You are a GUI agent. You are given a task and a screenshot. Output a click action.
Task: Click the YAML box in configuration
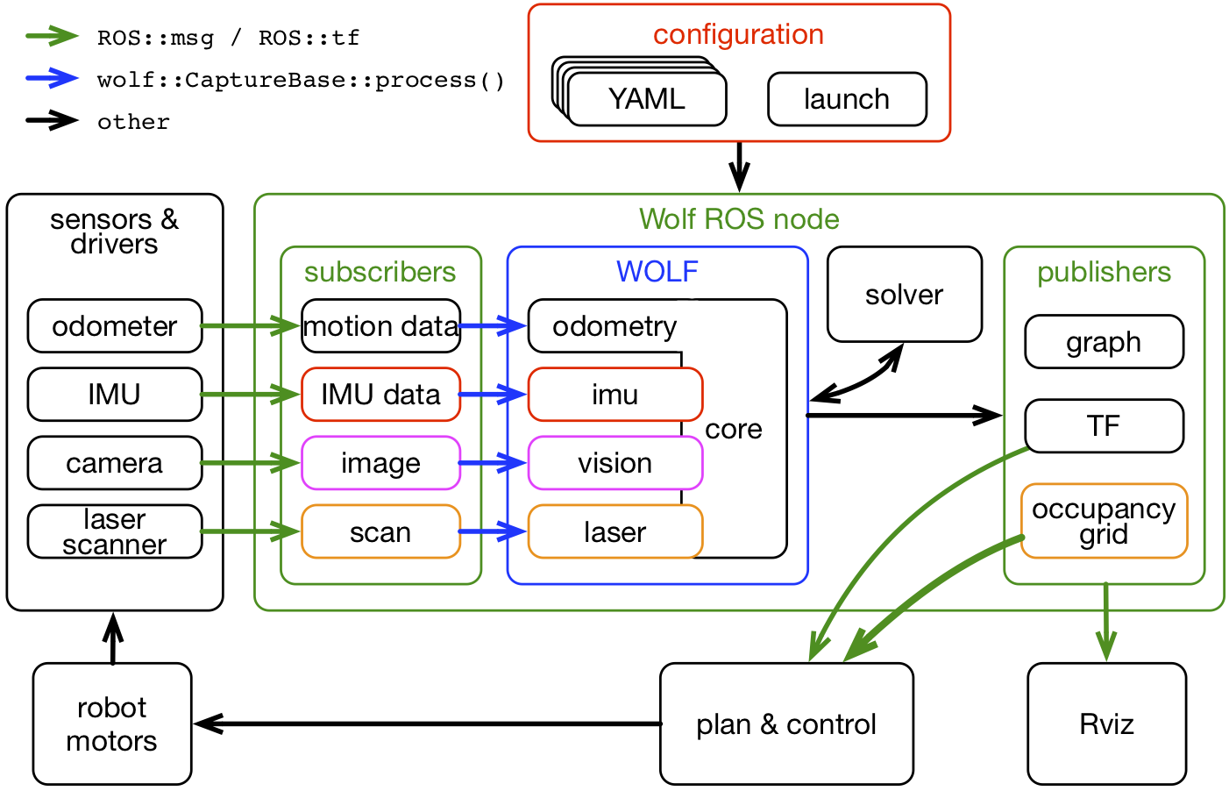coord(647,99)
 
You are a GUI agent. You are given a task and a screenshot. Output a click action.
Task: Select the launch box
coord(847,99)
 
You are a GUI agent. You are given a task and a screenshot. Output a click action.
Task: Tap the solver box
coord(904,295)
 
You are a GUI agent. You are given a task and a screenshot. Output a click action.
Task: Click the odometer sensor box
coord(115,326)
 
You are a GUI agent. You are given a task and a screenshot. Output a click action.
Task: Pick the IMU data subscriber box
coord(380,395)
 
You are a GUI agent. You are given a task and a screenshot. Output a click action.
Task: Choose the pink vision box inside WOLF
coord(614,463)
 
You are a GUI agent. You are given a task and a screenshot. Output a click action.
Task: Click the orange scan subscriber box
coord(380,531)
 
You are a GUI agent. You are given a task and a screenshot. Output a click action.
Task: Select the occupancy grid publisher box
coord(1104,521)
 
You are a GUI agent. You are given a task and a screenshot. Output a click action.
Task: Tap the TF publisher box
coord(1104,426)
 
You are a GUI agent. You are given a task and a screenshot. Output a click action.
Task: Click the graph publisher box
coord(1104,342)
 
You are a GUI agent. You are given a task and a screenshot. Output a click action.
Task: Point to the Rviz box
coord(1106,723)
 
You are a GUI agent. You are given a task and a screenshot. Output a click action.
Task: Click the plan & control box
coord(786,723)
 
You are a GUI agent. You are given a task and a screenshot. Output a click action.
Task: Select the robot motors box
coord(112,723)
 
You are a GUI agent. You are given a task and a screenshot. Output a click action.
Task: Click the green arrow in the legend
coord(53,36)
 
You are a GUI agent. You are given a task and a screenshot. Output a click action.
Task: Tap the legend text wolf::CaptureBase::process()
coord(301,80)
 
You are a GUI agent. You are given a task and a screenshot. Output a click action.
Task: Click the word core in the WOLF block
coord(734,429)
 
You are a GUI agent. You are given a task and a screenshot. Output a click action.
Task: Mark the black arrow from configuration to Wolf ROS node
coord(739,166)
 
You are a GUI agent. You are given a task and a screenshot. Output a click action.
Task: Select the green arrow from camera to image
coord(251,463)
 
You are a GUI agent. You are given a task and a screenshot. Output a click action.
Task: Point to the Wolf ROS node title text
coord(739,219)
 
